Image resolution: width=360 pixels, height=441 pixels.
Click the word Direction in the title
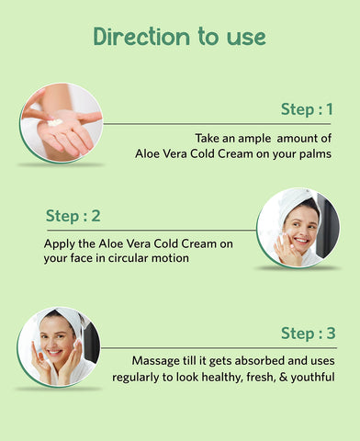coord(141,37)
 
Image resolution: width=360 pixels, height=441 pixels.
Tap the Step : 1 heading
coord(307,109)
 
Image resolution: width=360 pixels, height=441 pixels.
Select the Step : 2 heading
coord(73,216)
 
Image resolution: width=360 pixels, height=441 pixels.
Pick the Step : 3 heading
coord(309,333)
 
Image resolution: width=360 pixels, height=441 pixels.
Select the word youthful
coord(312,377)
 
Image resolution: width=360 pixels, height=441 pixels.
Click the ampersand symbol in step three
coord(284,377)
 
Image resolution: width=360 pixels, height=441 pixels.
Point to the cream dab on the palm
coord(55,122)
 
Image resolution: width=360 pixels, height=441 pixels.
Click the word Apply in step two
coord(59,244)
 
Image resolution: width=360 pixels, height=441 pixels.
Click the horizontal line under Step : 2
coord(152,231)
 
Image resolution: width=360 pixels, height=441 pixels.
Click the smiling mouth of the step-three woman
coord(54,352)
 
